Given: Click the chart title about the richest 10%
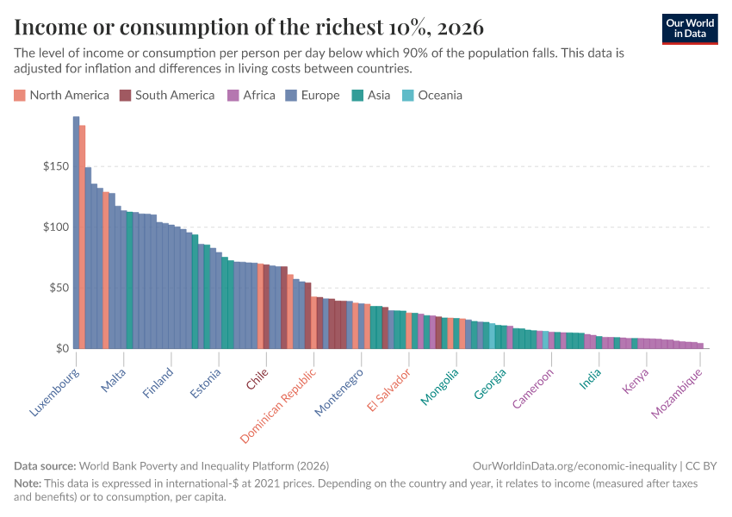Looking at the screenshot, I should coord(249,27).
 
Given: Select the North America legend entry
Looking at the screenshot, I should coord(61,95).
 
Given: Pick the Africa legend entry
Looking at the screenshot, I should coord(251,95).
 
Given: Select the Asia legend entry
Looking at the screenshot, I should coord(370,95).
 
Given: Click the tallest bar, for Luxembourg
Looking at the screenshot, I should coord(76,233).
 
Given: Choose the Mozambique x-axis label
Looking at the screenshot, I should coord(678,393).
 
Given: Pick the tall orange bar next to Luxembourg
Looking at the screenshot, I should coord(82,237).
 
